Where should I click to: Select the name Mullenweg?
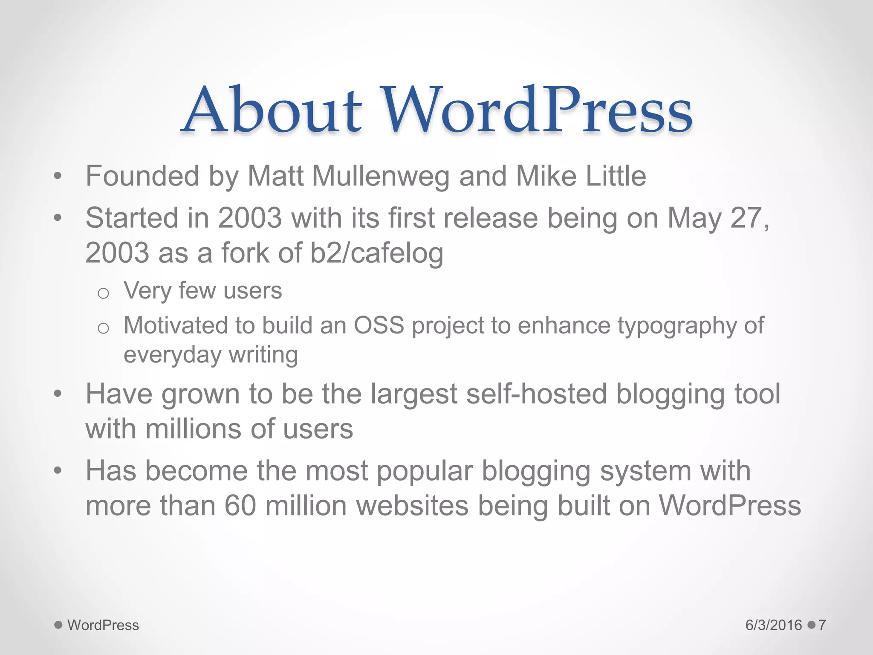point(381,176)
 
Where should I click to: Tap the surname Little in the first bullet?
point(616,176)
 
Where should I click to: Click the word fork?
point(245,253)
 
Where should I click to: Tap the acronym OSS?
point(379,326)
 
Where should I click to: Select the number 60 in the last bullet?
point(240,506)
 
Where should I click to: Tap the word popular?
point(425,472)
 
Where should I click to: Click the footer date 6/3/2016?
point(773,625)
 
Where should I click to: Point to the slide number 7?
point(822,625)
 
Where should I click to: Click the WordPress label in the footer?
point(103,625)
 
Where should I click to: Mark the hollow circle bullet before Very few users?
point(103,293)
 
